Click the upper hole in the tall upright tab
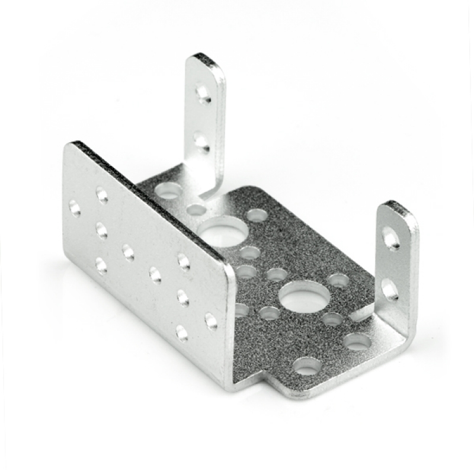click(203, 94)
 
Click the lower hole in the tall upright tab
click(201, 142)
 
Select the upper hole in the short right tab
click(390, 238)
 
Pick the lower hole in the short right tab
click(389, 289)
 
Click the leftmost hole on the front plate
click(75, 207)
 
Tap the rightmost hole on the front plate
click(211, 321)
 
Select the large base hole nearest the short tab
click(305, 294)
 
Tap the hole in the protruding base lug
click(307, 366)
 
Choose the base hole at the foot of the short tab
click(357, 341)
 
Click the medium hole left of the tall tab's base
click(169, 191)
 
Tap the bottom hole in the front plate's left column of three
click(101, 265)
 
